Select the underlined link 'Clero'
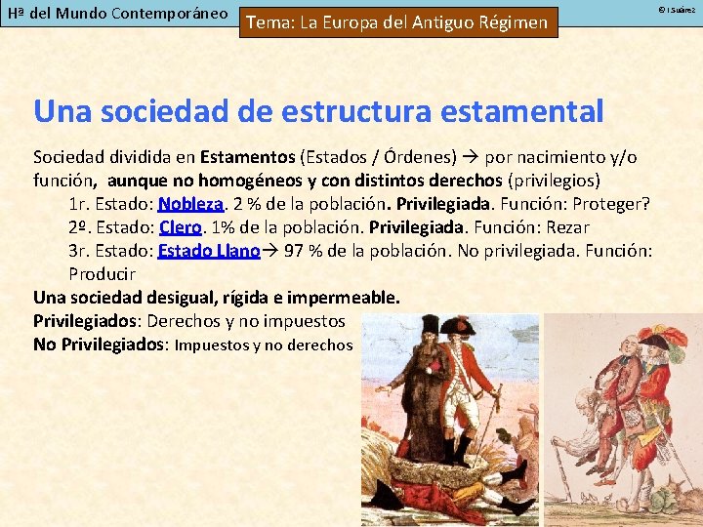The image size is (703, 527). (180, 226)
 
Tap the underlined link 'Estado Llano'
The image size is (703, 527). (209, 250)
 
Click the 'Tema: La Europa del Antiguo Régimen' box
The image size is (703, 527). (397, 22)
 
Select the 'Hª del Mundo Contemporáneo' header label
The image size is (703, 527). (117, 15)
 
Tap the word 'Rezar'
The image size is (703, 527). (566, 226)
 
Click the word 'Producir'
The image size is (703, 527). (102, 273)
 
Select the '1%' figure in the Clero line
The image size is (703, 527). (224, 226)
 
